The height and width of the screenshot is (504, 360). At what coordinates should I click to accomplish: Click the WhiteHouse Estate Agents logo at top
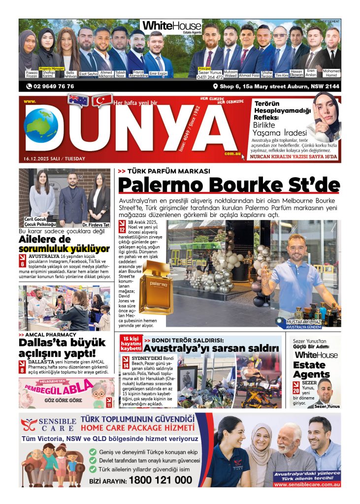tap(171, 27)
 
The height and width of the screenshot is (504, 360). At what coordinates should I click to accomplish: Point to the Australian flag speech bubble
tap(78, 100)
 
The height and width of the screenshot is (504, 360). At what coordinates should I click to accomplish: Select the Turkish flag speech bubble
tap(103, 100)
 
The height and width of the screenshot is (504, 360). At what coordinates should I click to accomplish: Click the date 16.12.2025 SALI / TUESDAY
tap(54, 158)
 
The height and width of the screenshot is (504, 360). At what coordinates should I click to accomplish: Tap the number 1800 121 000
tap(160, 480)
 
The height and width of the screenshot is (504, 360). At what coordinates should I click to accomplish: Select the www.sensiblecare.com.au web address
tap(307, 484)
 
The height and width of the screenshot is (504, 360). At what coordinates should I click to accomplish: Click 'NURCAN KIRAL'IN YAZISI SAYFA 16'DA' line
tap(294, 157)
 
